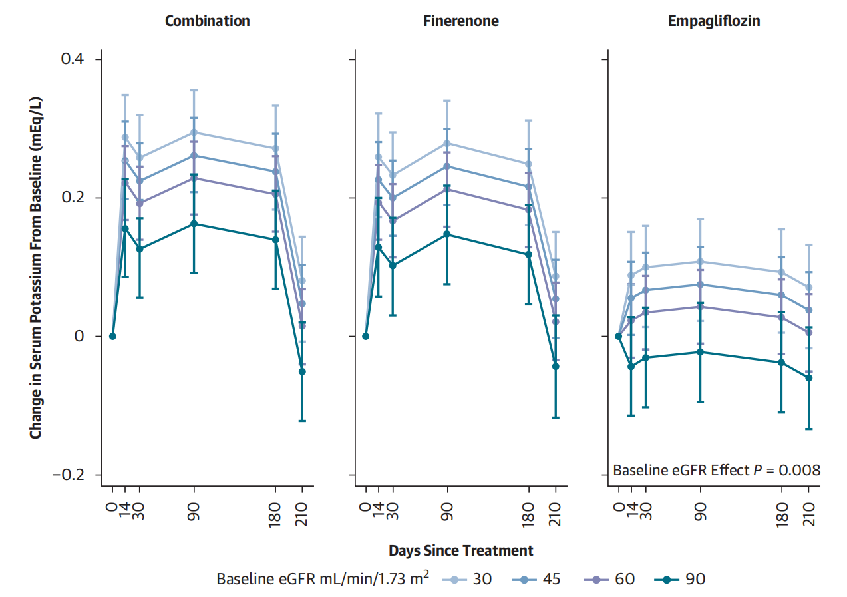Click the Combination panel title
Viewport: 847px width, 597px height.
pyautogui.click(x=207, y=21)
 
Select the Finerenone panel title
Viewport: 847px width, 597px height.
pyautogui.click(x=460, y=21)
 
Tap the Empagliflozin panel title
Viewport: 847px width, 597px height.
pyautogui.click(x=714, y=21)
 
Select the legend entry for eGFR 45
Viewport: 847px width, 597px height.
pyautogui.click(x=540, y=578)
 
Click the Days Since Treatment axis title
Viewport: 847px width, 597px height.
pyautogui.click(x=460, y=550)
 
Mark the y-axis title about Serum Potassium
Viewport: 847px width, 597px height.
pyautogui.click(x=36, y=266)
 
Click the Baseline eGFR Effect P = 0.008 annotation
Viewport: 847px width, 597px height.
pyautogui.click(x=716, y=470)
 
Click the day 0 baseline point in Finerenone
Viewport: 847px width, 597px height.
pyautogui.click(x=365, y=336)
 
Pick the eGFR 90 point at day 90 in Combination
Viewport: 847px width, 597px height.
pyautogui.click(x=194, y=224)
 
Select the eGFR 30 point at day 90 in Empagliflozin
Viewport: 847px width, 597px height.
pyautogui.click(x=700, y=262)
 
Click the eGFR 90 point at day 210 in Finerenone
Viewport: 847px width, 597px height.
pyautogui.click(x=556, y=366)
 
